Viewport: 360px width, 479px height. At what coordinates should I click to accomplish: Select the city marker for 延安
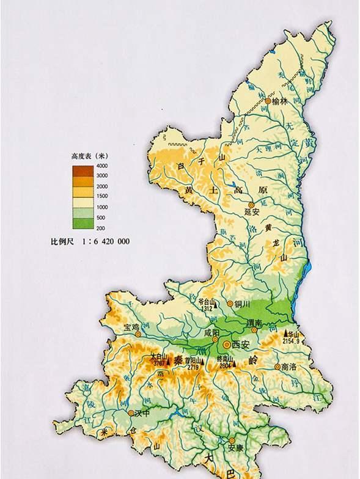pyautogui.click(x=251, y=205)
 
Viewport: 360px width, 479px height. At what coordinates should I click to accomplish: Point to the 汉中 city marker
pyautogui.click(x=131, y=413)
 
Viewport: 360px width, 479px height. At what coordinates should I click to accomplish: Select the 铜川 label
pyautogui.click(x=243, y=303)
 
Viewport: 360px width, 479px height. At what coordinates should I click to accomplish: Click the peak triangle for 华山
pyautogui.click(x=286, y=335)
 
